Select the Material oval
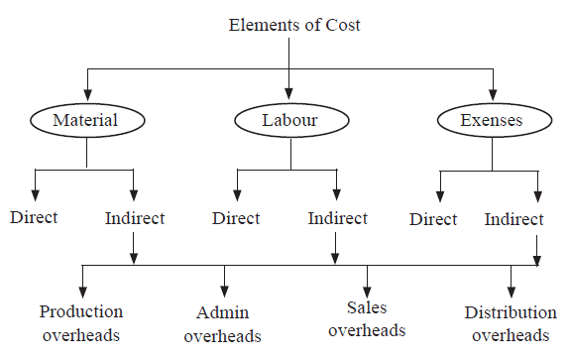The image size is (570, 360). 86,121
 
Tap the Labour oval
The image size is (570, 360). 288,121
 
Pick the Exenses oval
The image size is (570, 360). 492,121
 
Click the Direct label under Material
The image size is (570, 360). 35,217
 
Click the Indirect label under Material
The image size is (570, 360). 135,217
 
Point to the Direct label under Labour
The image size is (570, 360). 237,217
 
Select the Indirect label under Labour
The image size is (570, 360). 337,217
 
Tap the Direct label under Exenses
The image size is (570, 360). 433,218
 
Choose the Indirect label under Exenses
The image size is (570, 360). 514,218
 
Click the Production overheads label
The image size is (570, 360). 81,322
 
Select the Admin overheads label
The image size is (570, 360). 223,324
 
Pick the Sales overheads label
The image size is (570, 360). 367,318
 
